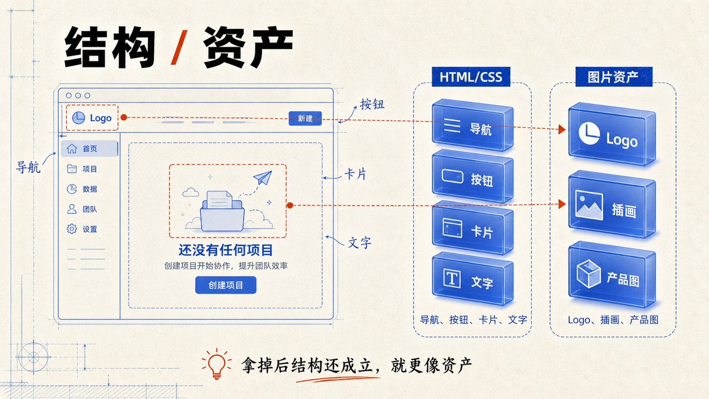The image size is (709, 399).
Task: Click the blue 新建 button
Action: tap(305, 118)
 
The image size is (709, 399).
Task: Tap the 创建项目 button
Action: tap(226, 285)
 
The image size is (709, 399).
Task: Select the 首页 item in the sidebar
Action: tap(89, 149)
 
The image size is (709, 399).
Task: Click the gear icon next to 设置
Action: tap(72, 229)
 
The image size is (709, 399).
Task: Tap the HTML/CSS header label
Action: tap(471, 77)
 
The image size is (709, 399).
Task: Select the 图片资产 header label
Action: tap(613, 77)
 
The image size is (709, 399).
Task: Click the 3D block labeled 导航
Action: tap(472, 125)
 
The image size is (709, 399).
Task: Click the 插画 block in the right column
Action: tap(612, 206)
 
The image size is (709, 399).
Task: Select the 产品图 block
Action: tap(612, 275)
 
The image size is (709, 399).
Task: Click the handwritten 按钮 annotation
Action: tap(372, 105)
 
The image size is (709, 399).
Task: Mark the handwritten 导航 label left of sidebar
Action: tap(28, 167)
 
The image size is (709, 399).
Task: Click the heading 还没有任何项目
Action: tap(226, 250)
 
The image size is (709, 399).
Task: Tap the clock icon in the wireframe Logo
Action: tap(79, 118)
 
